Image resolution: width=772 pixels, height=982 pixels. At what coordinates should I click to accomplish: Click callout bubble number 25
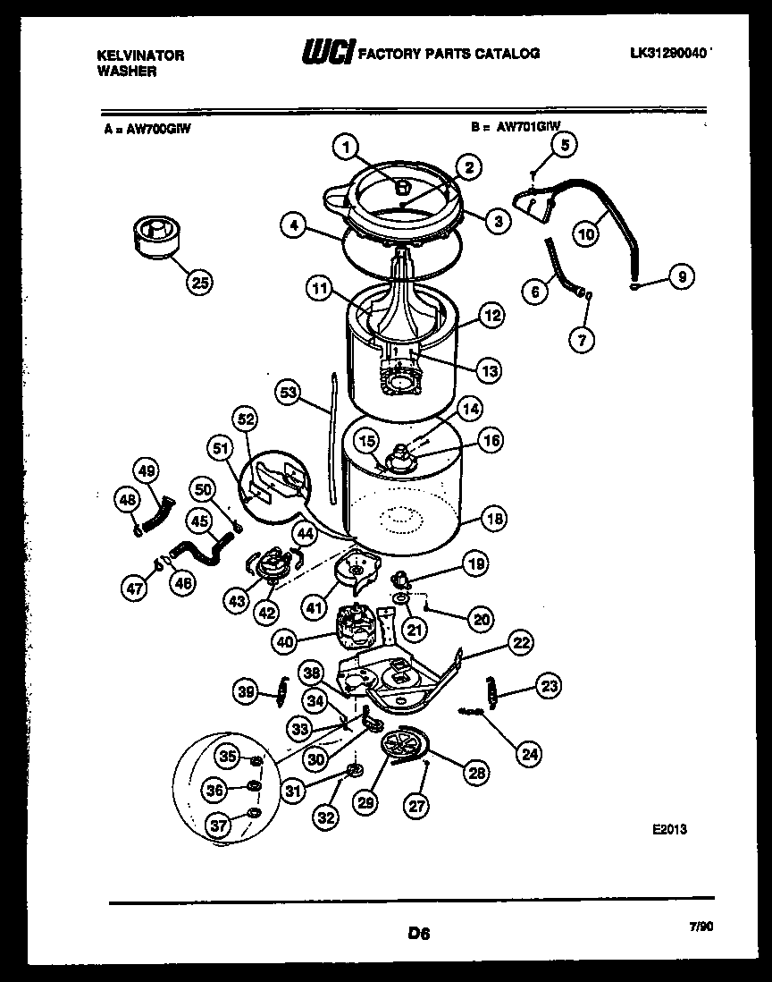[x=200, y=284]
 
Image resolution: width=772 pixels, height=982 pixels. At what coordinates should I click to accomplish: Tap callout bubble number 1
[x=348, y=148]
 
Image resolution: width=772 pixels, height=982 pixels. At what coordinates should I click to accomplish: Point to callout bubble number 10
[x=584, y=235]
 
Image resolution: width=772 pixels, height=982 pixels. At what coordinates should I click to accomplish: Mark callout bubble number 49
[x=147, y=470]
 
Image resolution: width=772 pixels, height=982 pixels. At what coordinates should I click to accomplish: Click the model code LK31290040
[x=669, y=54]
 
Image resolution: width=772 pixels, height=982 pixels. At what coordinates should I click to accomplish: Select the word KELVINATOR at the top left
[x=140, y=55]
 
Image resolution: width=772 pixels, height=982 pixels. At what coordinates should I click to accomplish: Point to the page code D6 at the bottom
[x=418, y=934]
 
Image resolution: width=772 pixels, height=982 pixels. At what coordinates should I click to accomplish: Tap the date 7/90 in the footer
[x=702, y=927]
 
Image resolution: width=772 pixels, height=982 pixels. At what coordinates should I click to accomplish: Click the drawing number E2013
[x=669, y=829]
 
